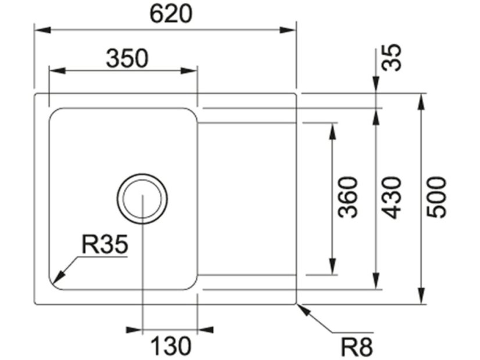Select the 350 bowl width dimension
point(127,58)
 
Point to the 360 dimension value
point(349,197)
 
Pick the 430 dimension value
point(393,197)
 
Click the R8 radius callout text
point(356,347)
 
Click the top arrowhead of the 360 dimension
point(333,129)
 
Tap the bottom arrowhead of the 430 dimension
point(377,282)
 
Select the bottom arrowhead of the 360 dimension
point(333,268)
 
